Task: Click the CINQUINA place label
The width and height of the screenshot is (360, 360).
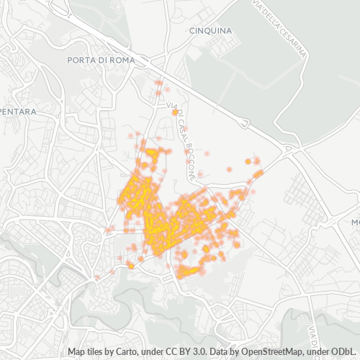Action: click(210, 31)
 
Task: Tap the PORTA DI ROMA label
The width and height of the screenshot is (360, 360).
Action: click(96, 60)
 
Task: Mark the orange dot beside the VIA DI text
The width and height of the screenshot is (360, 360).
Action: click(174, 112)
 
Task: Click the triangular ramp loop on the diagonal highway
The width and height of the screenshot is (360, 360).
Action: click(291, 150)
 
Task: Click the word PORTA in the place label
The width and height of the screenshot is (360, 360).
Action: click(78, 60)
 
